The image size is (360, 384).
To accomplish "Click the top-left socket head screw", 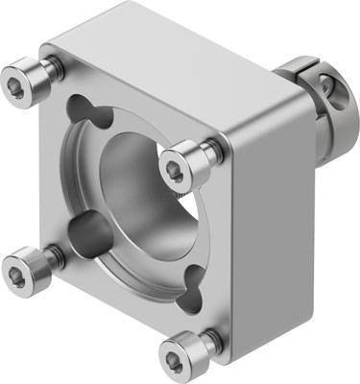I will pos(21,77).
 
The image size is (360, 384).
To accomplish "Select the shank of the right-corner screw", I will pos(203,153).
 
